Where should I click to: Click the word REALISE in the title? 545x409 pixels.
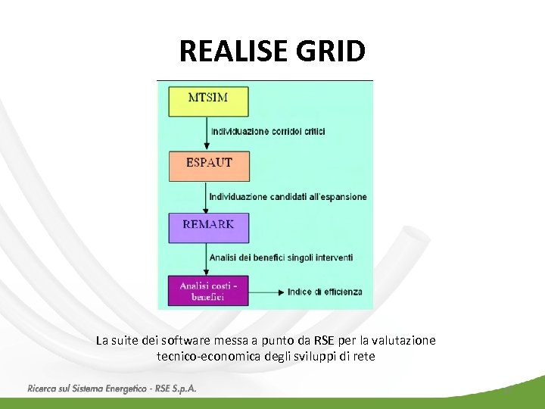click(233, 52)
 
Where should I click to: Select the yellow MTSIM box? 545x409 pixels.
click(208, 101)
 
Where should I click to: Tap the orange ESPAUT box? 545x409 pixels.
click(208, 165)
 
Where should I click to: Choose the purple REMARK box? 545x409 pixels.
click(208, 227)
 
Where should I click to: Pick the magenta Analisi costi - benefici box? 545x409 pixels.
click(208, 291)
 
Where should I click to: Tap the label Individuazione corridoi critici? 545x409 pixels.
click(268, 132)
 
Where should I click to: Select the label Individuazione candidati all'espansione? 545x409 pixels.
click(288, 197)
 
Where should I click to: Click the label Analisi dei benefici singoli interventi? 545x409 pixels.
click(281, 258)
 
